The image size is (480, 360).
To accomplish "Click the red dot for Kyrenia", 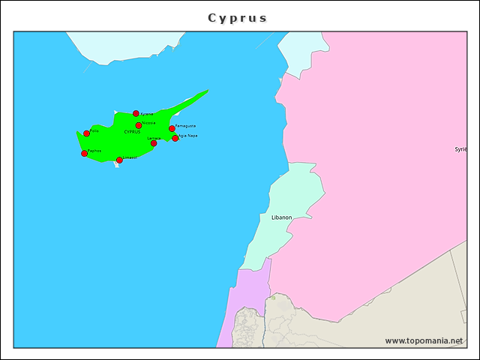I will click(136, 114).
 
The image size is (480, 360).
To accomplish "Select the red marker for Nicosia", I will click(139, 125).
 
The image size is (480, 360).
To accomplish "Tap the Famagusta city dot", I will click(172, 128).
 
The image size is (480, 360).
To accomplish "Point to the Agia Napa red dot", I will click(175, 138).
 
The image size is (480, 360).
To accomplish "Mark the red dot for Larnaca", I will click(154, 143).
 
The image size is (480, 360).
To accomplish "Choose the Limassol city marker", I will click(119, 160).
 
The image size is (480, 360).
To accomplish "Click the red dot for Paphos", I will click(84, 154).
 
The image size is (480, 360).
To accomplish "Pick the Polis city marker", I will click(86, 133).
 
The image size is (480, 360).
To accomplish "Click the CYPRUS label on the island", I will click(132, 132).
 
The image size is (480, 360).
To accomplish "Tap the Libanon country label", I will click(281, 217).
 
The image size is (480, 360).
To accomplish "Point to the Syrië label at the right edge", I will click(461, 149).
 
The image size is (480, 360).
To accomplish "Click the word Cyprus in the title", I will click(237, 18).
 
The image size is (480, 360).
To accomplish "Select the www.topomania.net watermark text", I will click(424, 340).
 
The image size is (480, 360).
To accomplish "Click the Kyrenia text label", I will click(147, 114).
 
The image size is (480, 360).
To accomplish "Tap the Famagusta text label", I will click(186, 126).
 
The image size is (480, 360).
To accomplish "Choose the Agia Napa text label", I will click(188, 136).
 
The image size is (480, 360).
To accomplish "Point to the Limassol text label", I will click(130, 157).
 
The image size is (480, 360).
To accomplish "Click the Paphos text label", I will click(94, 151).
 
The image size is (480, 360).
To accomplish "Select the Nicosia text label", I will click(148, 123).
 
